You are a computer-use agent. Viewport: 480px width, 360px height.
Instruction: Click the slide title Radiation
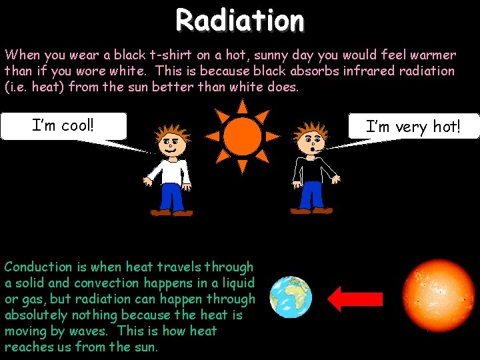240,20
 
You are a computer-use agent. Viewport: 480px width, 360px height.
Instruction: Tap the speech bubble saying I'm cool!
64,125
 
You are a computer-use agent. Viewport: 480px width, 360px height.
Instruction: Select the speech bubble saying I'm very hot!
413,126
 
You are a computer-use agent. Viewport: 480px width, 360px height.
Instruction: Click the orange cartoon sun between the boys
242,135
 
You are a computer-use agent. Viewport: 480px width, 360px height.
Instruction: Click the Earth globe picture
291,297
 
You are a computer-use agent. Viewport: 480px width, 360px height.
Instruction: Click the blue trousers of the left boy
172,197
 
